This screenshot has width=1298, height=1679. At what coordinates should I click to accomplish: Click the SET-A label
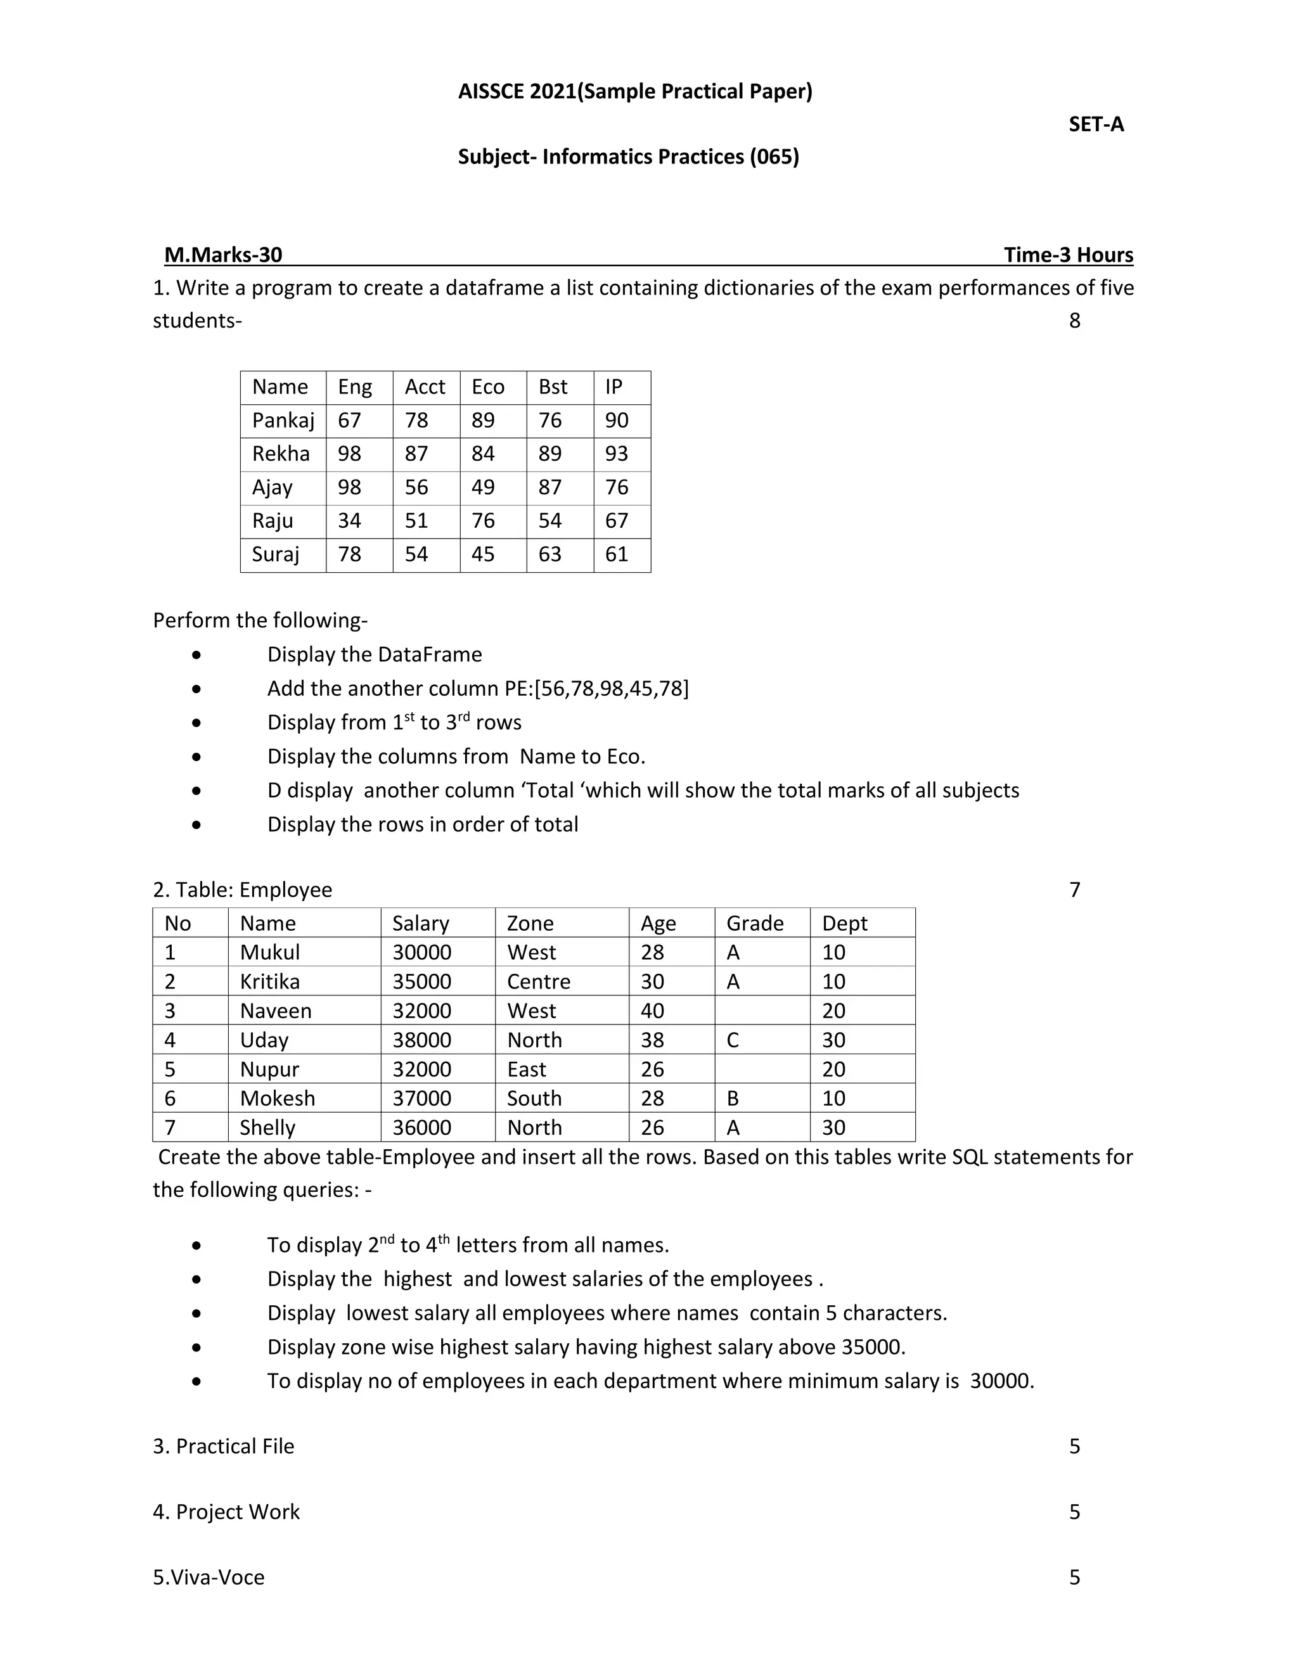(x=1096, y=125)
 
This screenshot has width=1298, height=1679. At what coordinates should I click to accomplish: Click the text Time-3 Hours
(x=1068, y=255)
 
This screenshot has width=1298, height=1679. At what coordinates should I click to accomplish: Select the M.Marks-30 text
(x=223, y=255)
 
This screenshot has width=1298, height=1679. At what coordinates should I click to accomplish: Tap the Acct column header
(x=425, y=386)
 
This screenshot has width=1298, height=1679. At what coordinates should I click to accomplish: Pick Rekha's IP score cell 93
(x=617, y=454)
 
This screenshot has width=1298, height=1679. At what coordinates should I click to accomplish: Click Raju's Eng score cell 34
(x=349, y=520)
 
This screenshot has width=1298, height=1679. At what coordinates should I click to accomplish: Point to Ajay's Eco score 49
(x=483, y=487)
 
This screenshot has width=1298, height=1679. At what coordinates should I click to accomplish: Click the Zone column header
(x=530, y=922)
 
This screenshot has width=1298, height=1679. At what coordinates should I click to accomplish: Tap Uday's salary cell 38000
(x=421, y=1040)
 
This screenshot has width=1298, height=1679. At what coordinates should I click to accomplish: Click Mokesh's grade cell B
(x=733, y=1099)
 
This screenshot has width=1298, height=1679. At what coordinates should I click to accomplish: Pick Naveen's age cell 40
(x=652, y=1011)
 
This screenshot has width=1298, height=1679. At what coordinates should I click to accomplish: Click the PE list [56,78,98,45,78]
(x=612, y=689)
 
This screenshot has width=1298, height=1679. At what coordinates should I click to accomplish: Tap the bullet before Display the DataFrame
(x=198, y=655)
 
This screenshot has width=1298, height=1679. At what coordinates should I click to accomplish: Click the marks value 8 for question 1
(x=1074, y=321)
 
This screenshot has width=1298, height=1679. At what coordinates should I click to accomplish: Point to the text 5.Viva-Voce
(x=209, y=1577)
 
